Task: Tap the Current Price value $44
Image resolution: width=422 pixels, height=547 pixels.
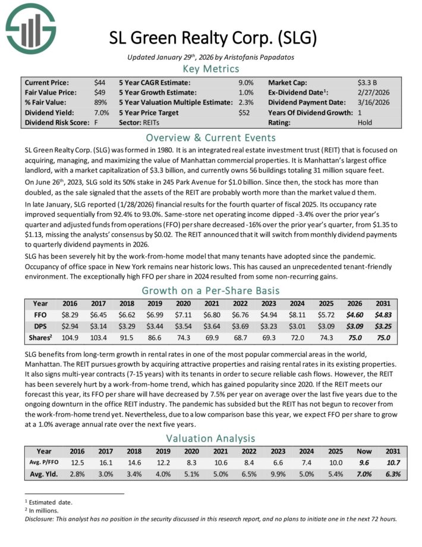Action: point(100,83)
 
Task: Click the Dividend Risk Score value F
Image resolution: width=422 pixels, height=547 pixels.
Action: point(96,123)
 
